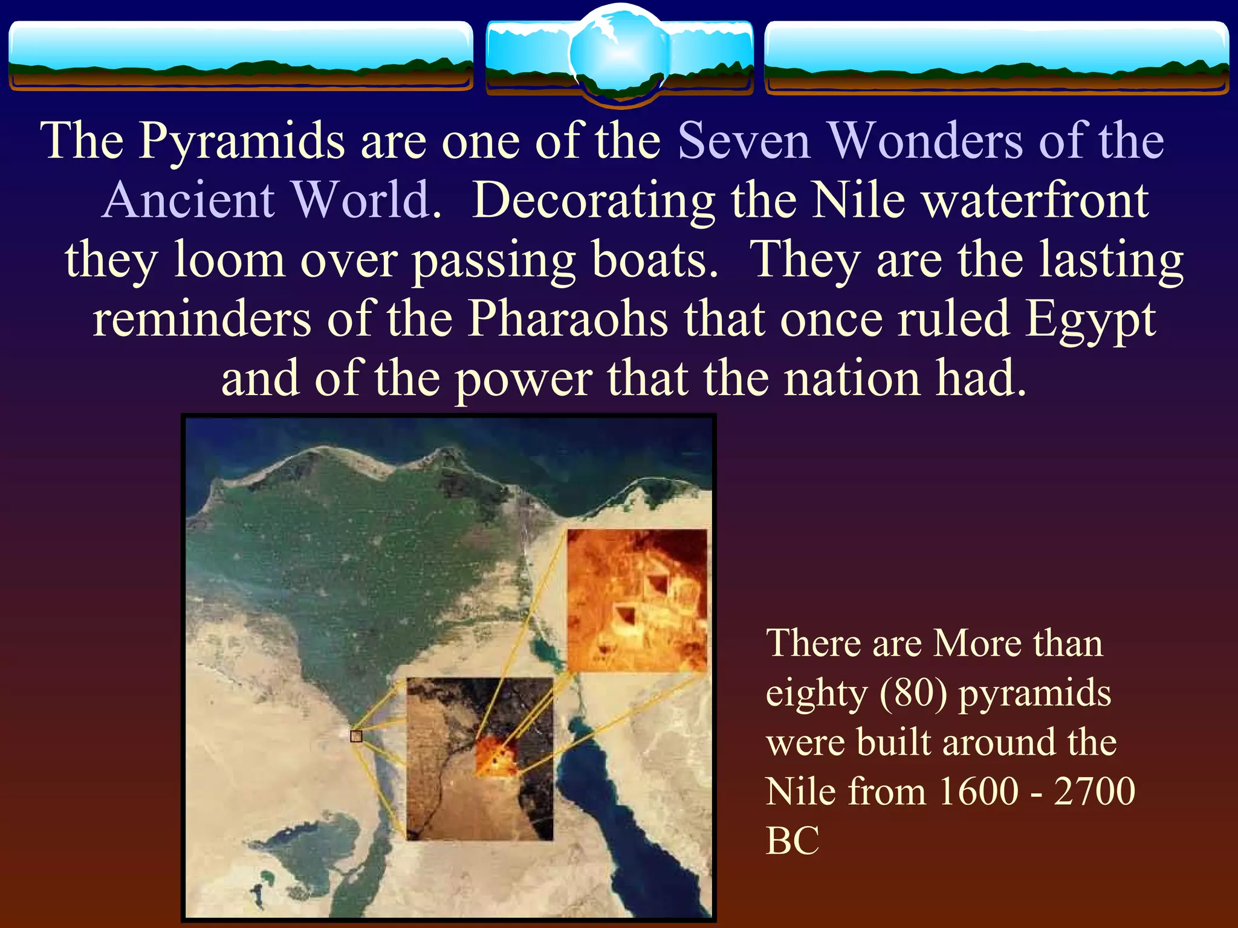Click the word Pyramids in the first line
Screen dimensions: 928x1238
[x=242, y=141]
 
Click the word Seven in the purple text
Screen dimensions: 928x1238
[x=744, y=141]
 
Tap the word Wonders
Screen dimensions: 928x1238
[x=925, y=141]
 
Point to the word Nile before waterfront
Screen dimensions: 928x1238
[x=858, y=201]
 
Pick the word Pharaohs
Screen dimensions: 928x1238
[x=568, y=319]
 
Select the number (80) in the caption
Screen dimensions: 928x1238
[x=913, y=693]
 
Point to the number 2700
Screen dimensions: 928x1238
[x=1094, y=791]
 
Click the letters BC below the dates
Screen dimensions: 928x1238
[x=792, y=841]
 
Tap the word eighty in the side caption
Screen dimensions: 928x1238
[x=816, y=694]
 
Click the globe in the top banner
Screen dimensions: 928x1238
[x=620, y=54]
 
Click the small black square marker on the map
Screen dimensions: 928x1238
[x=356, y=736]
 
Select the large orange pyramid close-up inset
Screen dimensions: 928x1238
[x=637, y=600]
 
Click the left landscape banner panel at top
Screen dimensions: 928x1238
[x=241, y=56]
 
